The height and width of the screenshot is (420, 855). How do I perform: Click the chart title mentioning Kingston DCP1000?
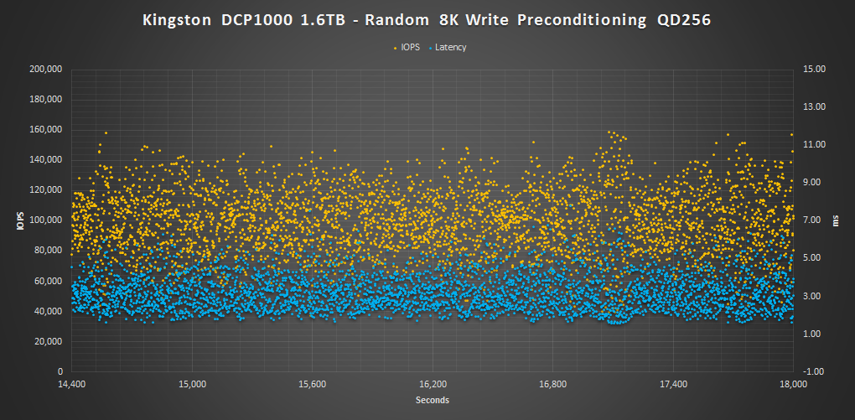pyautogui.click(x=427, y=20)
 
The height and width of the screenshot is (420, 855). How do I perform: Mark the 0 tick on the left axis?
pyautogui.click(x=60, y=371)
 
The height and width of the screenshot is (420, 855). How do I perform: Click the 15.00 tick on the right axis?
pyautogui.click(x=816, y=70)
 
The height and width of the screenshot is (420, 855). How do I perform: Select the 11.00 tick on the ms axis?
pyautogui.click(x=816, y=145)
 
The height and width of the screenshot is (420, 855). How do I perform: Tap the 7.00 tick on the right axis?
pyautogui.click(x=816, y=220)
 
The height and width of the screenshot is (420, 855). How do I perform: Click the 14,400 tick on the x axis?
pyautogui.click(x=72, y=384)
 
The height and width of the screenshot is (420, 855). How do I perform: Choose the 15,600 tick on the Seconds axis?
pyautogui.click(x=313, y=384)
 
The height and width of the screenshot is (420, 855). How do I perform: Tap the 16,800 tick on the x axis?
pyautogui.click(x=553, y=384)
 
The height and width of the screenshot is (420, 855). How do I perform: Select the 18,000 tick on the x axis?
pyautogui.click(x=793, y=384)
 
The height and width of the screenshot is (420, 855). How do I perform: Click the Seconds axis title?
pyautogui.click(x=433, y=400)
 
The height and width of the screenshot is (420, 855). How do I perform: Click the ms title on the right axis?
pyautogui.click(x=836, y=220)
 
